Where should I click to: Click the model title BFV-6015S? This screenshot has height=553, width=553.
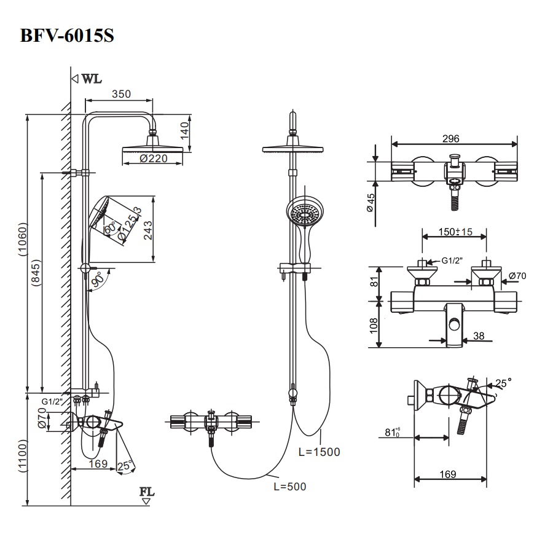[x=67, y=35]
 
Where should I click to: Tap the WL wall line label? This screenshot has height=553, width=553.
[x=92, y=79]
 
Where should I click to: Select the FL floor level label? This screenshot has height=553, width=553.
[x=147, y=492]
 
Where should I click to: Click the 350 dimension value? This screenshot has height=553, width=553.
[x=121, y=94]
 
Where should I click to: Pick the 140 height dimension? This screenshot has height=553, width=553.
[x=184, y=130]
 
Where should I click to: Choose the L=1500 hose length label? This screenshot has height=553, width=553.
[x=319, y=452]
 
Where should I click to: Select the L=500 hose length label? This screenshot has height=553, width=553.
[x=289, y=487]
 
